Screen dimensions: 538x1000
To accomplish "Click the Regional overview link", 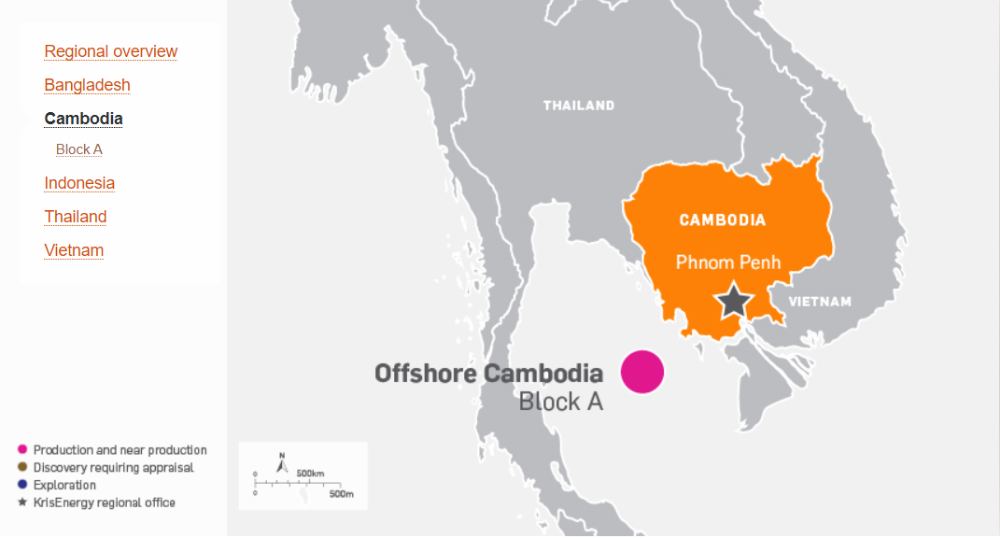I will click(x=110, y=51).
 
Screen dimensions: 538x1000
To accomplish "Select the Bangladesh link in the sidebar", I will click(x=87, y=85).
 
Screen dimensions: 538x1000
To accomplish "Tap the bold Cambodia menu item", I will click(x=83, y=119).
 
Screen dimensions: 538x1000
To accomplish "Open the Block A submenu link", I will click(x=78, y=149).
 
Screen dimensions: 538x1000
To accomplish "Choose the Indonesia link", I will click(x=79, y=183).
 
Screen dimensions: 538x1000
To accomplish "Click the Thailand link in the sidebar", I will click(x=76, y=217).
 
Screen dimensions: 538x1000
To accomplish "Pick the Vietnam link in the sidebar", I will click(x=74, y=250).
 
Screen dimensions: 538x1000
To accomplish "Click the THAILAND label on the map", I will click(x=579, y=106).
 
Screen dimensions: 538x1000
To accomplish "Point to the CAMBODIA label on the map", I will click(x=722, y=220).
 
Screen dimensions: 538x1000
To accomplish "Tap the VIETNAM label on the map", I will click(x=820, y=302).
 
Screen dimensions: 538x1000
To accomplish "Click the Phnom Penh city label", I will click(x=727, y=262).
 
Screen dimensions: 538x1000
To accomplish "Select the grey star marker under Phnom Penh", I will click(x=734, y=301).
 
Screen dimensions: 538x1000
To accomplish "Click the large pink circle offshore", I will click(x=642, y=371).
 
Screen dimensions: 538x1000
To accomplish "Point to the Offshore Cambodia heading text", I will click(x=488, y=374).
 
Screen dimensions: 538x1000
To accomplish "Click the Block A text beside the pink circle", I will click(x=560, y=403).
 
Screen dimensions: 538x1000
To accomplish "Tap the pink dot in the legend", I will click(x=22, y=450).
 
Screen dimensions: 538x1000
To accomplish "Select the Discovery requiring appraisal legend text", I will click(x=113, y=468).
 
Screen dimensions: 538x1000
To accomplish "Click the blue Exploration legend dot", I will click(x=22, y=485).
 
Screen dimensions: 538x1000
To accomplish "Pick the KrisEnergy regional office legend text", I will click(x=104, y=503).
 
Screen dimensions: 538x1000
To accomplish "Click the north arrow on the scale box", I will click(x=281, y=462).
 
